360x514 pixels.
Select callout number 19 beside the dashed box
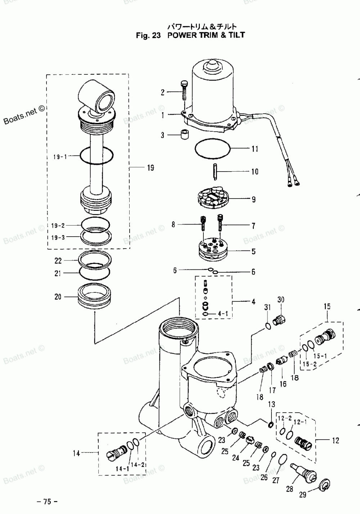[x=150, y=168]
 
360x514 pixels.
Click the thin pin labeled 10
[x=215, y=171]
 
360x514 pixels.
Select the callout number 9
[x=253, y=199]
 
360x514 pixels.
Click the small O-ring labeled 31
[x=267, y=326]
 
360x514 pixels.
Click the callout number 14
[x=76, y=454]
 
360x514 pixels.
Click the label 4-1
[x=223, y=314]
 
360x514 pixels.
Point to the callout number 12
[x=335, y=440]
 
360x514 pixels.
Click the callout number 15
[x=327, y=307]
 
